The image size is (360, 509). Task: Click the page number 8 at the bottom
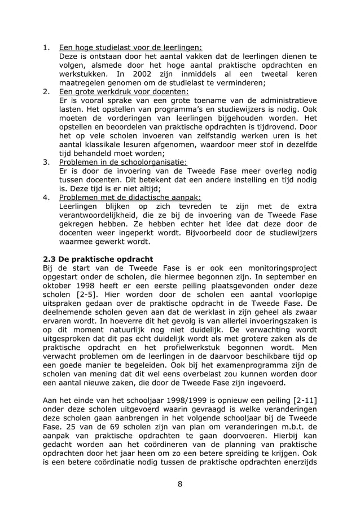point(179,484)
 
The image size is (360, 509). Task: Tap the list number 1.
point(47,47)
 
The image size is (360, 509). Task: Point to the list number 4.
point(47,198)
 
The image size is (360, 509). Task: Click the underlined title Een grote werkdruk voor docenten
point(124,91)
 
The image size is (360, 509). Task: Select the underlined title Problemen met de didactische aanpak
point(129,198)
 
